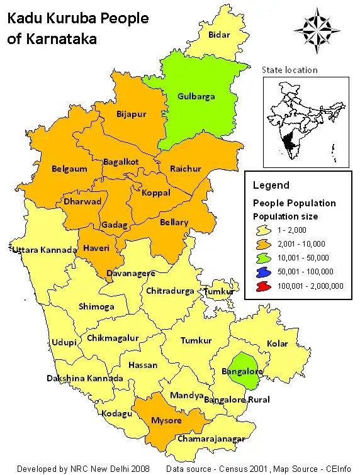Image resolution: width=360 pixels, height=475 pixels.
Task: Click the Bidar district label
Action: [x=219, y=35]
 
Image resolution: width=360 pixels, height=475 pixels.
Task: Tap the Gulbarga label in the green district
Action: [x=196, y=96]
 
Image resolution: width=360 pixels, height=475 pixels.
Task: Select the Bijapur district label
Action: [x=131, y=114]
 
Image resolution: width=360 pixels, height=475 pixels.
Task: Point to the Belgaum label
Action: [x=69, y=169]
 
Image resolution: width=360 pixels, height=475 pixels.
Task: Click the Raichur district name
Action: [x=186, y=169]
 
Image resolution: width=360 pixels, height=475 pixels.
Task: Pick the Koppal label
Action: [x=155, y=193]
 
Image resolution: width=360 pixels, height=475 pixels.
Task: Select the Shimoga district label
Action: [x=96, y=306]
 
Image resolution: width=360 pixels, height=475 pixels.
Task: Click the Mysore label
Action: [x=166, y=420]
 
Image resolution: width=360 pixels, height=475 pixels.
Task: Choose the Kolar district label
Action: [x=277, y=344]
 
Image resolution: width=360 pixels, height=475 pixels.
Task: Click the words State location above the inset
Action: [x=290, y=70]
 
